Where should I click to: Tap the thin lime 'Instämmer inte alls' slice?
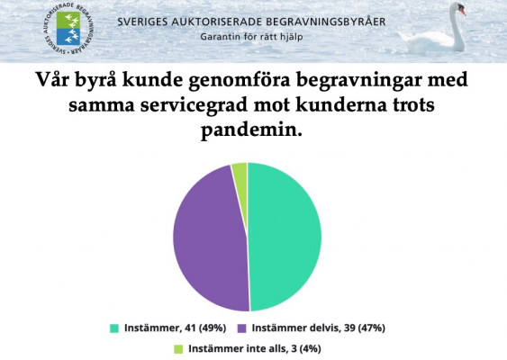(x=240, y=172)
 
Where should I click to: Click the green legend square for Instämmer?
(x=114, y=328)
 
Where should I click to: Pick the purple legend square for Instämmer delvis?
(x=241, y=328)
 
